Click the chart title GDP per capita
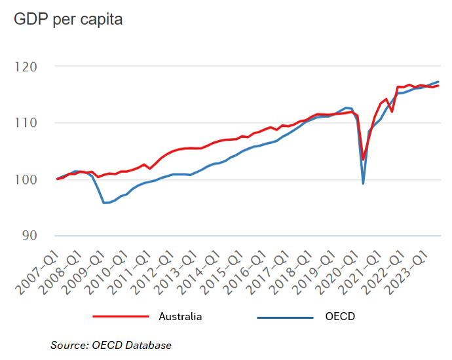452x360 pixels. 68,20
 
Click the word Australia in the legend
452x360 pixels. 180,317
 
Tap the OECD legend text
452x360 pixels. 339,317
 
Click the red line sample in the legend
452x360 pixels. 117,317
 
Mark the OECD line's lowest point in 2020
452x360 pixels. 363,183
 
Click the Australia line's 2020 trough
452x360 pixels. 363,160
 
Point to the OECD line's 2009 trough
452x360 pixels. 104,203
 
